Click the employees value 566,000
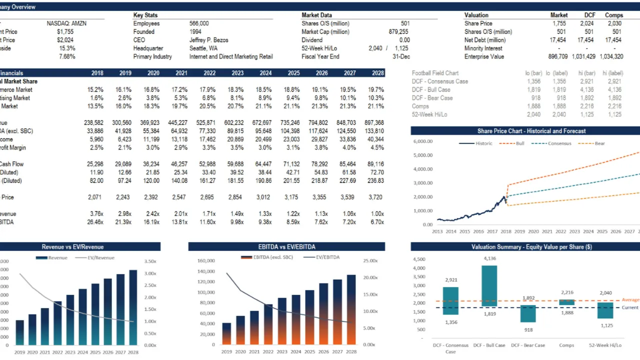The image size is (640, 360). pos(199,23)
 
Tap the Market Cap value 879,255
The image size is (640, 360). pos(398,32)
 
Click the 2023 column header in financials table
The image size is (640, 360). pos(237,73)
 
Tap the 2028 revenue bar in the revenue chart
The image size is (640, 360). pos(133,307)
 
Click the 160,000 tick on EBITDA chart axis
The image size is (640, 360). pos(206,260)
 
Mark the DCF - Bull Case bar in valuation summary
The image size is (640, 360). pos(489,285)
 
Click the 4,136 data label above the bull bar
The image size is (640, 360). pos(490,258)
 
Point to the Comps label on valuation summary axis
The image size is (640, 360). pos(566,345)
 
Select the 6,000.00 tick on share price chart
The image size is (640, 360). pos(423,141)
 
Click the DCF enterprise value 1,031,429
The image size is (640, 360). pos(583,56)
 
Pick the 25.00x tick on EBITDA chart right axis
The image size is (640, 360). pos(369,260)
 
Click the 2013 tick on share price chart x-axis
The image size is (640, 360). pos(437,231)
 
